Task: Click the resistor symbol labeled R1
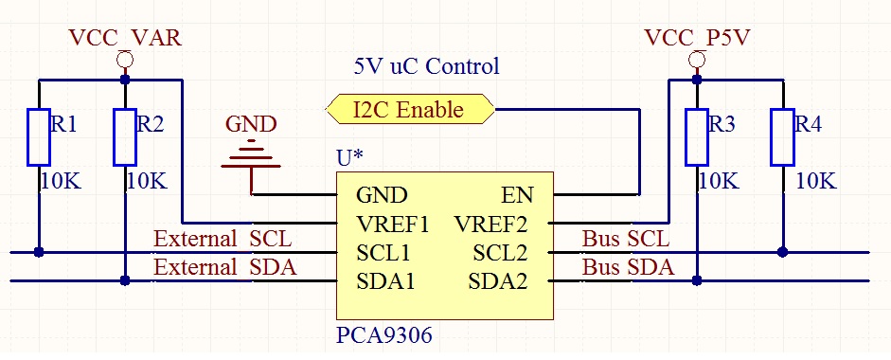click(x=38, y=137)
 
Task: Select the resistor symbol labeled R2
click(x=125, y=137)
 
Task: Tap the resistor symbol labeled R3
click(x=697, y=137)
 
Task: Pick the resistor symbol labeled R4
click(x=782, y=137)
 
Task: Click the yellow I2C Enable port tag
click(x=409, y=109)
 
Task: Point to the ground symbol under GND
click(x=252, y=156)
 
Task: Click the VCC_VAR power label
click(x=125, y=38)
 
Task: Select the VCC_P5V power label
click(x=696, y=38)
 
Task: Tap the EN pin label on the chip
click(x=517, y=196)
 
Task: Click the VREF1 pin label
click(x=393, y=225)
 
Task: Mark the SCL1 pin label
click(x=383, y=253)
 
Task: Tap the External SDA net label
click(x=225, y=268)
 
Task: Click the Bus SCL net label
click(x=625, y=240)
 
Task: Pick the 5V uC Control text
click(x=426, y=67)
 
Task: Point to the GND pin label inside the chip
click(x=382, y=196)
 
